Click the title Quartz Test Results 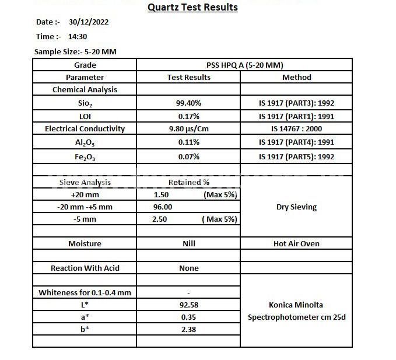[x=192, y=8]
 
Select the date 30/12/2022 [x=88, y=22]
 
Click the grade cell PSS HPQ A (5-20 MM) [x=244, y=65]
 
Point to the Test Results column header [x=188, y=77]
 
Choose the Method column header [x=296, y=77]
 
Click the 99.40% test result [x=188, y=103]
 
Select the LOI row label [x=85, y=116]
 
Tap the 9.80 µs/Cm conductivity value [x=188, y=128]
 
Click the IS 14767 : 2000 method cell [x=296, y=128]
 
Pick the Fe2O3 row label [x=85, y=156]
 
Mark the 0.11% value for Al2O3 [x=188, y=142]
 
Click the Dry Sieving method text [x=296, y=207]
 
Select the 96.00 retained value [x=163, y=207]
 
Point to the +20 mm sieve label [x=85, y=194]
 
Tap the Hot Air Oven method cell [x=296, y=243]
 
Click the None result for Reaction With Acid [x=188, y=268]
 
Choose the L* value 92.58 [x=188, y=305]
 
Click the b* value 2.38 [x=188, y=329]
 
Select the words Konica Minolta [x=296, y=305]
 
